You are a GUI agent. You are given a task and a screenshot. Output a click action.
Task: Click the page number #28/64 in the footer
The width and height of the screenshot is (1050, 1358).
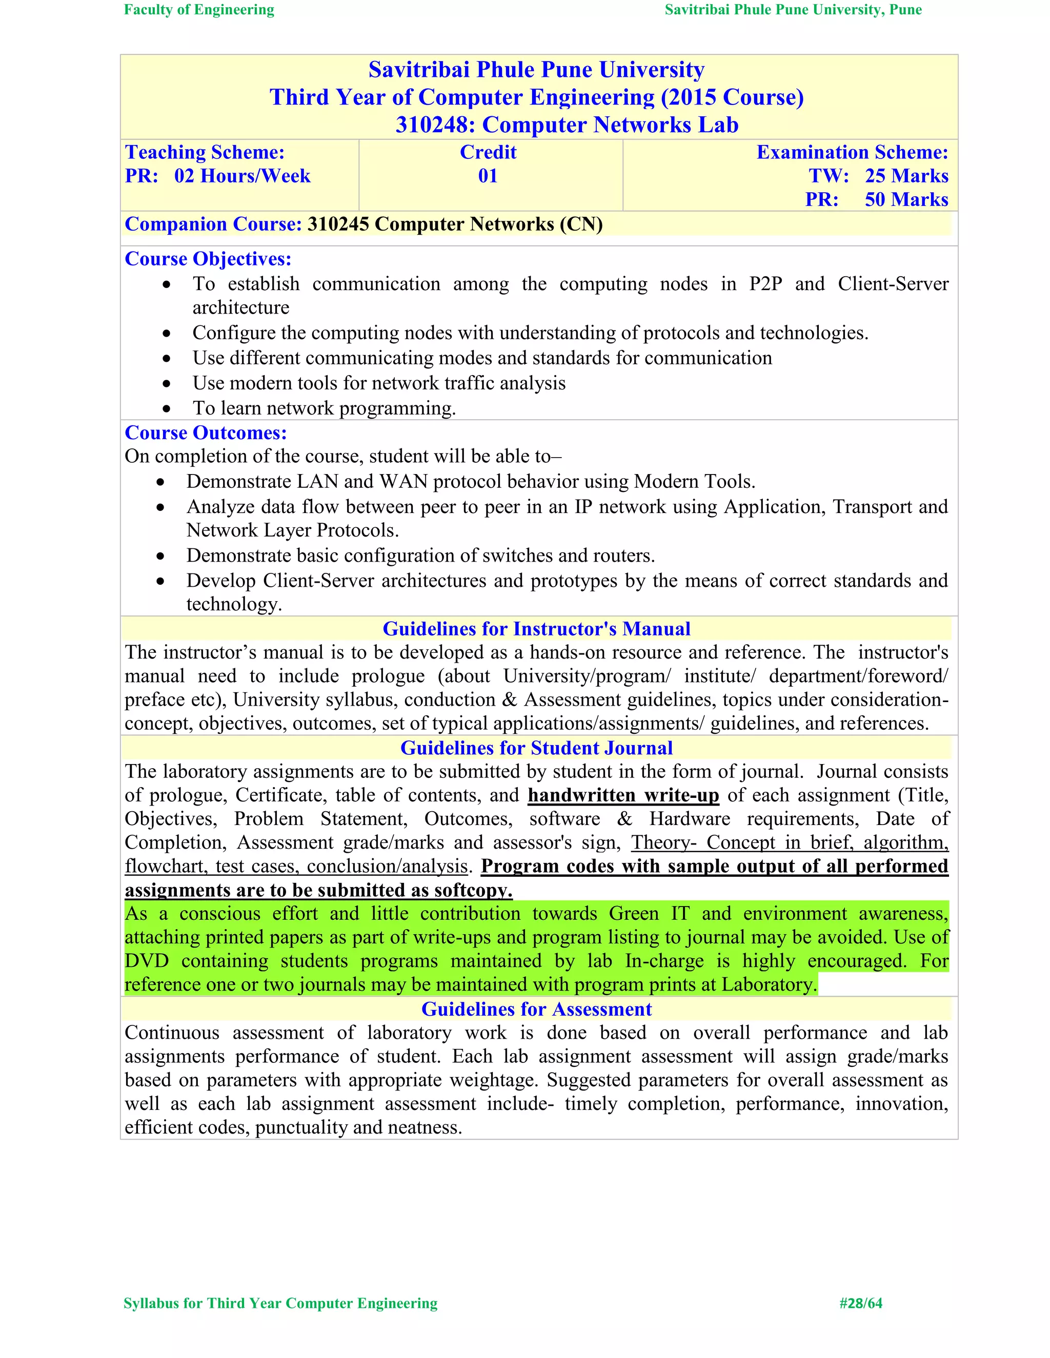point(860,1303)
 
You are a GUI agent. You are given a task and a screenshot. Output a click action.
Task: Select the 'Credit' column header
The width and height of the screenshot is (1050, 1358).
point(488,152)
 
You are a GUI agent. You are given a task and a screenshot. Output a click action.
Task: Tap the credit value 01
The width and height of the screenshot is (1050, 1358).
point(488,176)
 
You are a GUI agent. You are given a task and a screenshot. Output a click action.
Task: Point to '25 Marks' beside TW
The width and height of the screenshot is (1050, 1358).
point(906,176)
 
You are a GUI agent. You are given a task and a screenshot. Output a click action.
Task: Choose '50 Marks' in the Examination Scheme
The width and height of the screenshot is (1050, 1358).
point(906,199)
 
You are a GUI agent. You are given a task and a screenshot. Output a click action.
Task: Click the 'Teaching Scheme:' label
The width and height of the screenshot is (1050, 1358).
point(205,152)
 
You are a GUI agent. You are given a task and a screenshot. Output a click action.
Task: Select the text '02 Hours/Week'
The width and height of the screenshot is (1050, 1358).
point(242,176)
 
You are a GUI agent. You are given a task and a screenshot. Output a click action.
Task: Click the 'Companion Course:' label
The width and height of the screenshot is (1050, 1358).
point(213,224)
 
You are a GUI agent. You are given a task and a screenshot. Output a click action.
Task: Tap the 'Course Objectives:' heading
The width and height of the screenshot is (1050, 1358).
point(208,259)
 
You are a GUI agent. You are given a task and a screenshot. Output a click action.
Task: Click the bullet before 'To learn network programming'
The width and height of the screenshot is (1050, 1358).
point(166,409)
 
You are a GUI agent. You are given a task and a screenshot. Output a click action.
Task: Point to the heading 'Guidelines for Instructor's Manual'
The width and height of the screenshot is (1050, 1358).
point(536,629)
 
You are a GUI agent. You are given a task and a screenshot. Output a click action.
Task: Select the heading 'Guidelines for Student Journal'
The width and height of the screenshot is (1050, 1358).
point(536,748)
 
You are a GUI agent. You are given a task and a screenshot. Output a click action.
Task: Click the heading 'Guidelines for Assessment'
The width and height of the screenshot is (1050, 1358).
point(536,1009)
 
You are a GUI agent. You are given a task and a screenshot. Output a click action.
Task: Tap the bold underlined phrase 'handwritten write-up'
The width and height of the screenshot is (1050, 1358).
point(623,795)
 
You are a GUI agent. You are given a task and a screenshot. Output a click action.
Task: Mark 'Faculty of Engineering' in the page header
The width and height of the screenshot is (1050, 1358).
point(199,10)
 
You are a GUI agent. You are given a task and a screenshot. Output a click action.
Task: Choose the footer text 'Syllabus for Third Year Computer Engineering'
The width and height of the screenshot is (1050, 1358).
point(280,1303)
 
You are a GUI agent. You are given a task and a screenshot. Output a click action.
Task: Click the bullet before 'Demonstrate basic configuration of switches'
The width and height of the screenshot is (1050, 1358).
point(160,557)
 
